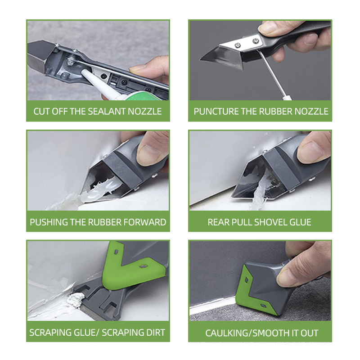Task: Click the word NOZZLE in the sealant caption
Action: [x=144, y=112]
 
